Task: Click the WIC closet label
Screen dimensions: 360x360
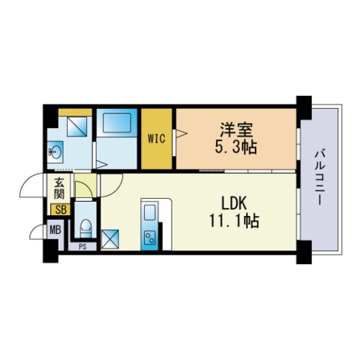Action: [157, 138]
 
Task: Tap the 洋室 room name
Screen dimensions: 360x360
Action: [236, 130]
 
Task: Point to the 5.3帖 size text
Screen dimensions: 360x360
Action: [236, 147]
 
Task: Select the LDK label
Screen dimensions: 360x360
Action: [234, 203]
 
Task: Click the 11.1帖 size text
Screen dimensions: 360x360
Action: [234, 220]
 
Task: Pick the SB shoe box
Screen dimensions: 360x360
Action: [61, 209]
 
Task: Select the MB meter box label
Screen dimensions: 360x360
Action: [55, 229]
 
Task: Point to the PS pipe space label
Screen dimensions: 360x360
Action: [82, 247]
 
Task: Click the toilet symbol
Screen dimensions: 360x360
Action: [85, 229]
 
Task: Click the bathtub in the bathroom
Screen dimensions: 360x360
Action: [117, 123]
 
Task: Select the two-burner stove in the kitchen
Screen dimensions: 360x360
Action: [149, 237]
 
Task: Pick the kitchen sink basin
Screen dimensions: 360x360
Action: [149, 212]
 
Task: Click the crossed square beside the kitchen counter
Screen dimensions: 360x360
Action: [110, 238]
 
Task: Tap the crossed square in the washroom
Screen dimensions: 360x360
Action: [77, 127]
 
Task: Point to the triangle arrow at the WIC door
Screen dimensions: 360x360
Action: [181, 133]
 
